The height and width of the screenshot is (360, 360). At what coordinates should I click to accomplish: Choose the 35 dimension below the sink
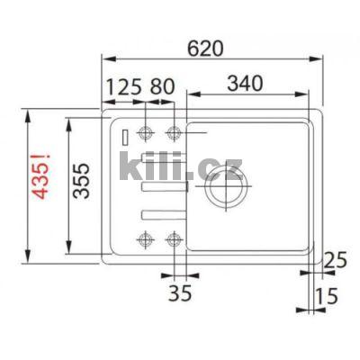(x=180, y=293)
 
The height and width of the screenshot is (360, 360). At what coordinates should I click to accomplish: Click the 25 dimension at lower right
(x=336, y=261)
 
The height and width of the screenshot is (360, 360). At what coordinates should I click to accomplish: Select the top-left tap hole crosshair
(x=143, y=135)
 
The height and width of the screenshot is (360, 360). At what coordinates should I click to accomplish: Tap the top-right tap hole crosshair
(x=174, y=135)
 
